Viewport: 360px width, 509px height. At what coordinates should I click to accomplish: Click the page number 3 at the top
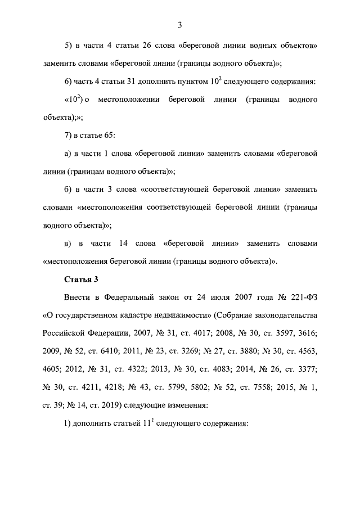[x=179, y=24]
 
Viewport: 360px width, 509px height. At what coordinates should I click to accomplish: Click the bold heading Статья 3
[x=82, y=279]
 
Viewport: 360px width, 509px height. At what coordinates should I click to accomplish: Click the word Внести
[x=76, y=296]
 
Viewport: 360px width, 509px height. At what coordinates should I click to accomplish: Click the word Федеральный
[x=132, y=296]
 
